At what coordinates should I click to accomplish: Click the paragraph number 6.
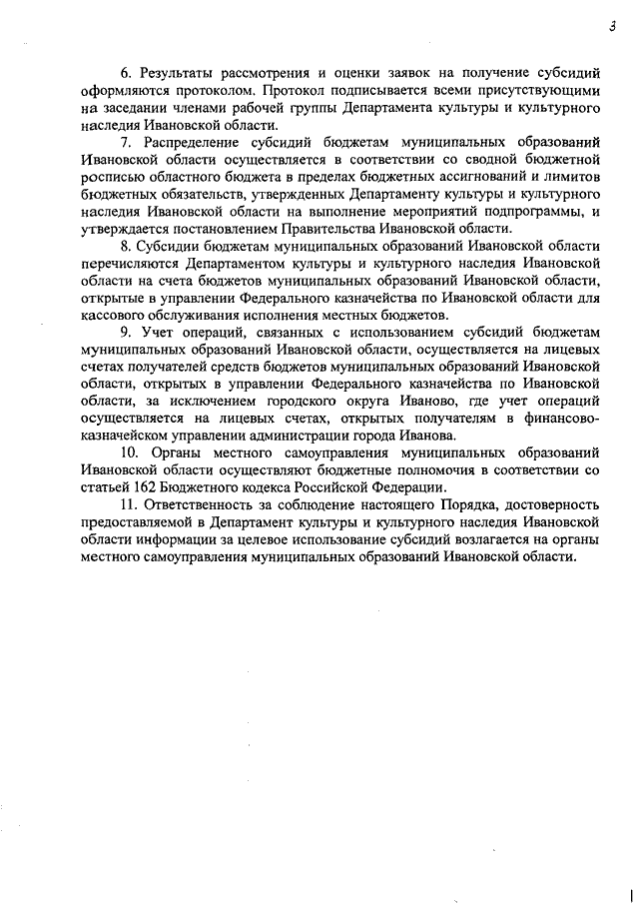(x=125, y=73)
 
